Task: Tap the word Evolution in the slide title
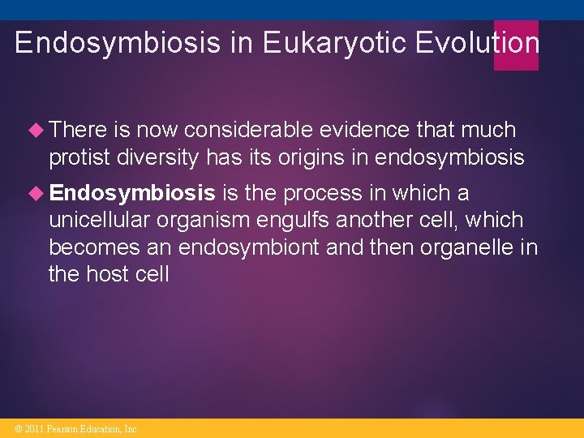click(x=477, y=43)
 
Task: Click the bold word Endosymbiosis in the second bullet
click(x=132, y=193)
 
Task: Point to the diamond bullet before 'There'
click(x=37, y=130)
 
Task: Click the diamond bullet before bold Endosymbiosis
click(x=37, y=193)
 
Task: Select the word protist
click(x=79, y=157)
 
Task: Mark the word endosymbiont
click(x=248, y=247)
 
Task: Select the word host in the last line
click(x=108, y=274)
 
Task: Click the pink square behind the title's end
click(x=516, y=45)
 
